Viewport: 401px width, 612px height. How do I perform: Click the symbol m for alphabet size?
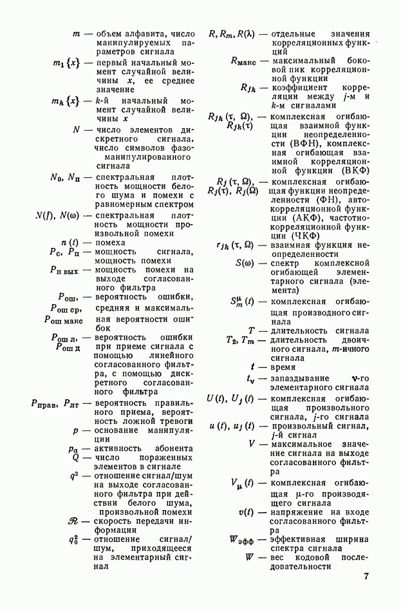(76, 33)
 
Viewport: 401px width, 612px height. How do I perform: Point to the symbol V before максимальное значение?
(252, 444)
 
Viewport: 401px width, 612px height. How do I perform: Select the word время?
(284, 367)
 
